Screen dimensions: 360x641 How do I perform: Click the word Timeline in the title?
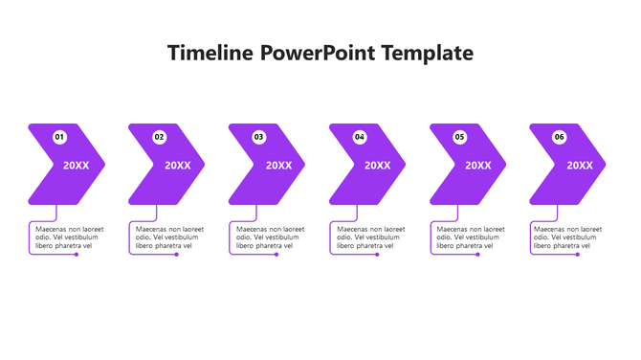[210, 53]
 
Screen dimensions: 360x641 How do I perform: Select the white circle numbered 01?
[59, 137]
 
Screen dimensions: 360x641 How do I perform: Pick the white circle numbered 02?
[159, 137]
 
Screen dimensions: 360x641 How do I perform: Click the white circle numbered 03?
[259, 137]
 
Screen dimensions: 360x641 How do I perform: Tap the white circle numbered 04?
[360, 137]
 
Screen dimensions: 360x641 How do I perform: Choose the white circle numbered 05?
[459, 137]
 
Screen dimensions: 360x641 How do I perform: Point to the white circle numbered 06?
[560, 137]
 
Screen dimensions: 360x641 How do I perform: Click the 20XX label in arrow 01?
[77, 166]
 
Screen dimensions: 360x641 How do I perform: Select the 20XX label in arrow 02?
[177, 166]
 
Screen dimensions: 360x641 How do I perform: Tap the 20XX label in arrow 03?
[278, 166]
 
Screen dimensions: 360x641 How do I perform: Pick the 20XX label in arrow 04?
[378, 166]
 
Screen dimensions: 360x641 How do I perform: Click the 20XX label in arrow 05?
[478, 166]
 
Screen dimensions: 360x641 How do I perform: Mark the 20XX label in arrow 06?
[579, 166]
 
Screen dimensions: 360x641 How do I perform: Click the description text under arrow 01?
[69, 237]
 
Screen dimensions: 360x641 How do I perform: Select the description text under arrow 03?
[270, 237]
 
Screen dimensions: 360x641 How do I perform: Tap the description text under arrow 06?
[570, 237]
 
